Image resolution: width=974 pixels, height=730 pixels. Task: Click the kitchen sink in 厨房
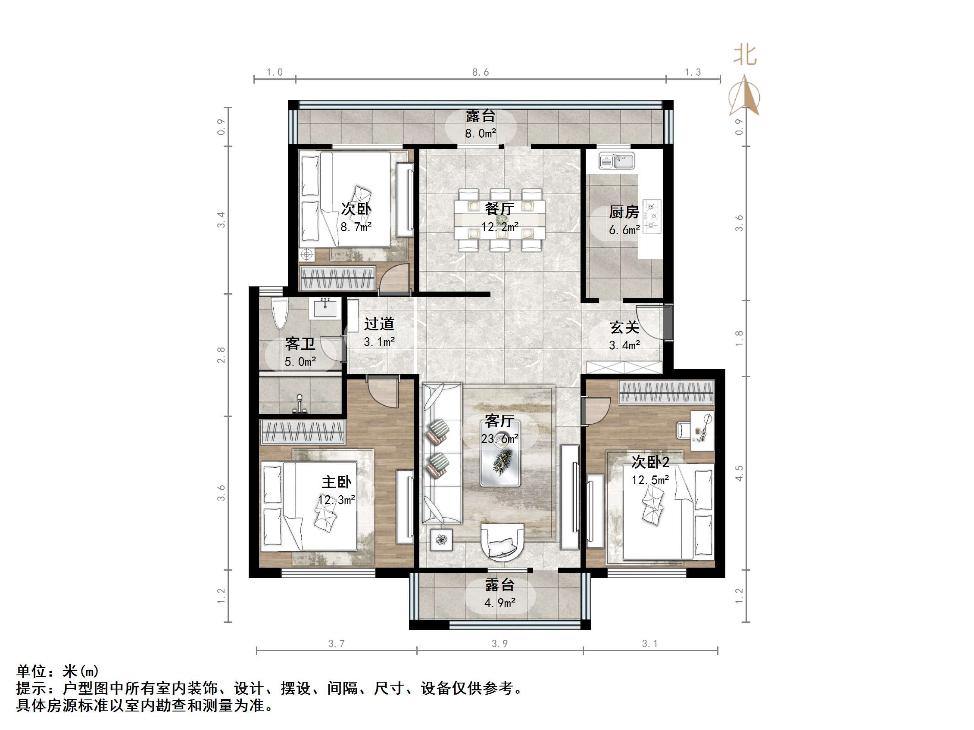pos(616,161)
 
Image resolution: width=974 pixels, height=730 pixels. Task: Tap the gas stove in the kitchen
pos(652,216)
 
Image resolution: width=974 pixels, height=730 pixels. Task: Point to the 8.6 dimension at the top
pos(481,72)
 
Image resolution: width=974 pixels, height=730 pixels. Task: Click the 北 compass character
pos(745,56)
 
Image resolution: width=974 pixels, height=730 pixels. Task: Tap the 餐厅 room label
pos(499,208)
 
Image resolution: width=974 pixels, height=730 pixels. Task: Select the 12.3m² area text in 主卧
pos(337,500)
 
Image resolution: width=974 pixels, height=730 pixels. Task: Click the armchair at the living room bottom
pos(502,542)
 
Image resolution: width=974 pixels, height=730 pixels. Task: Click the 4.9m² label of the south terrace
pos(500,603)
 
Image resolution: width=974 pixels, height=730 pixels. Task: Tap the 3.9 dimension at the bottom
pos(500,644)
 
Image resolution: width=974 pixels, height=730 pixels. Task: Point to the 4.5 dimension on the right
pos(739,473)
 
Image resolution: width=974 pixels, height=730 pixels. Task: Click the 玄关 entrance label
pos(624,327)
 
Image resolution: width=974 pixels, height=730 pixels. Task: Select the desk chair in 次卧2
pos(683,430)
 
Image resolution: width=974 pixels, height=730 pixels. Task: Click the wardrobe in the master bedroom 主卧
pos(303,432)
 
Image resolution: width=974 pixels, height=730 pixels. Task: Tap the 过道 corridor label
pos(379,324)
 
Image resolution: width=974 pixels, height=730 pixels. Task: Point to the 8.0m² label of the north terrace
pos(481,134)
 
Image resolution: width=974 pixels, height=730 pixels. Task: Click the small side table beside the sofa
pos(441,539)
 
